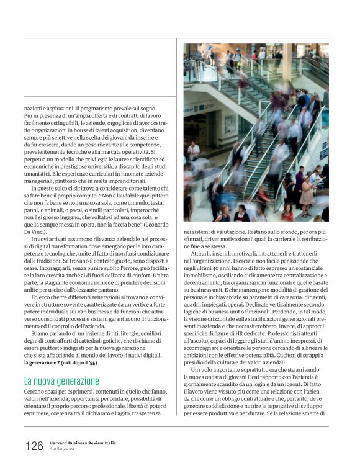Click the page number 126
click(x=34, y=446)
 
